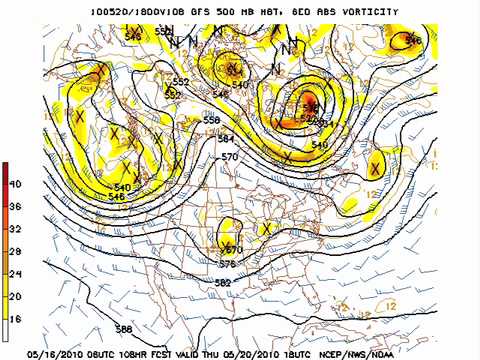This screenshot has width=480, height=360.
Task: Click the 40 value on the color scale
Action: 15,185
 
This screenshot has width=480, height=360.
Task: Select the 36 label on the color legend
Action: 15,207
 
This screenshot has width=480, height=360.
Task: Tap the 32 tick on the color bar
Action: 15,229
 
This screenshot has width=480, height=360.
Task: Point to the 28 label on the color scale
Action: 15,251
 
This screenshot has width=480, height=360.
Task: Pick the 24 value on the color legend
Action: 15,273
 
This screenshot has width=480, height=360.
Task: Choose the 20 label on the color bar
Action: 15,295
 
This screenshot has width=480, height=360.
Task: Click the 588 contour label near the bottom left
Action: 123,329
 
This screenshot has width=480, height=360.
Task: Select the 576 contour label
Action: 228,264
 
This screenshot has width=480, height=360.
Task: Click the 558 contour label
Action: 211,120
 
